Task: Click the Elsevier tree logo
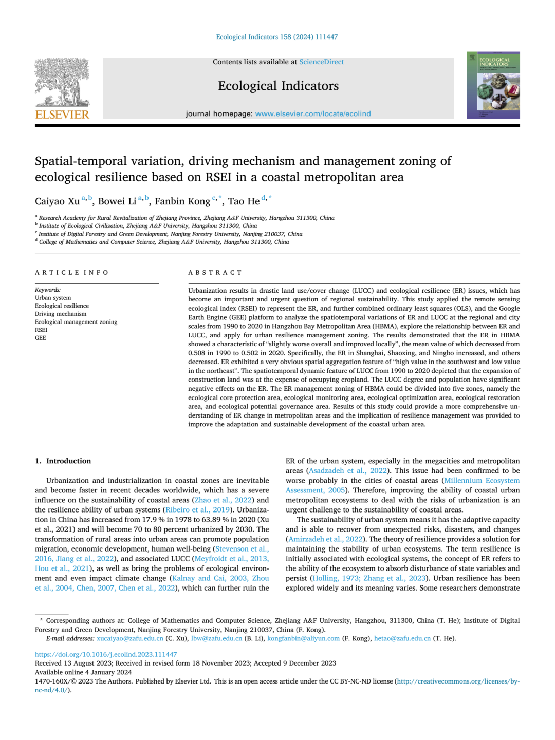pyautogui.click(x=62, y=82)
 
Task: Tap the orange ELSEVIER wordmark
pyautogui.click(x=62, y=115)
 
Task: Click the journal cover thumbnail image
pyautogui.click(x=493, y=85)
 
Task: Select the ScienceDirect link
pyautogui.click(x=321, y=62)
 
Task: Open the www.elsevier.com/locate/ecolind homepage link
pyautogui.click(x=313, y=114)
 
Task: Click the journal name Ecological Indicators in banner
pyautogui.click(x=278, y=86)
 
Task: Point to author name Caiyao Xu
pyautogui.click(x=57, y=201)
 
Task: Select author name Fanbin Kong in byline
pyautogui.click(x=182, y=201)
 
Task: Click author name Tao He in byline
pyautogui.click(x=244, y=201)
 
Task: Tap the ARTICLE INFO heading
pyautogui.click(x=72, y=273)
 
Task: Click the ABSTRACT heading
pyautogui.click(x=215, y=273)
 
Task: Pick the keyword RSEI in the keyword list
pyautogui.click(x=41, y=330)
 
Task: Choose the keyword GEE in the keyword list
pyautogui.click(x=41, y=338)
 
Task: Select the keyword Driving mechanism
pyautogui.click(x=61, y=314)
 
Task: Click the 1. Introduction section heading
pyautogui.click(x=63, y=461)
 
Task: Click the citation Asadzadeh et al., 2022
pyautogui.click(x=347, y=471)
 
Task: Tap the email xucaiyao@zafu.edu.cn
pyautogui.click(x=130, y=639)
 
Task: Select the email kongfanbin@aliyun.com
pyautogui.click(x=303, y=639)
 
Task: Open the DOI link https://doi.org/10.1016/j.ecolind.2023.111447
pyautogui.click(x=106, y=655)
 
